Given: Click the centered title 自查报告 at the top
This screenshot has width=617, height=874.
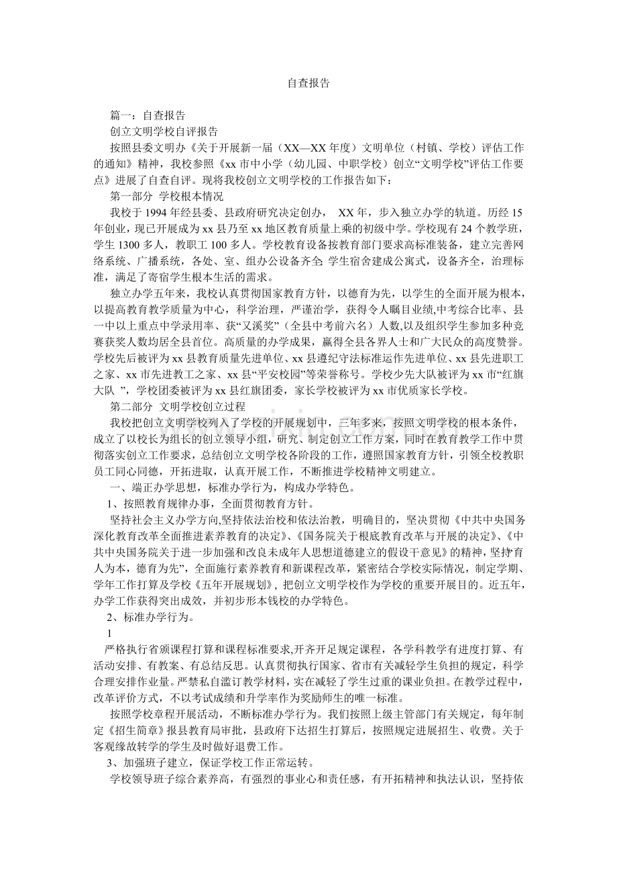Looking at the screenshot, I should pos(308,83).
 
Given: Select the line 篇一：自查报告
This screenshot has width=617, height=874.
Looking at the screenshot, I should pos(148,115).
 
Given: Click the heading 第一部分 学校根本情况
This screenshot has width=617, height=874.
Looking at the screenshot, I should pos(166,196).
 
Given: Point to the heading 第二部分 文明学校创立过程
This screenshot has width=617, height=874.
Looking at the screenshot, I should pos(178,406).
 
